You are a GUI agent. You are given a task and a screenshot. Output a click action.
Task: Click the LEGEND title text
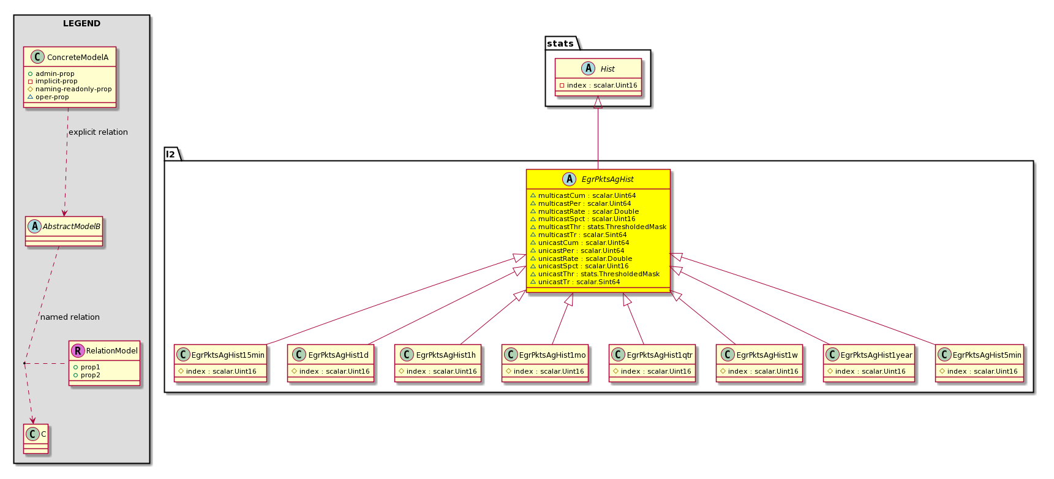[x=81, y=23]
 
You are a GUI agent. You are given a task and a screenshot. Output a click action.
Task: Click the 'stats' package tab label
[x=560, y=43]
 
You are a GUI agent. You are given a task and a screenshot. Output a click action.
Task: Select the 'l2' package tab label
[x=170, y=154]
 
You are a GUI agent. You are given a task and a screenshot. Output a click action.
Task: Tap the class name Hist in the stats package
[x=608, y=69]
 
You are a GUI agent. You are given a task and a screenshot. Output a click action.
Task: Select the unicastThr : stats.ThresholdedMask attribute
[x=595, y=274]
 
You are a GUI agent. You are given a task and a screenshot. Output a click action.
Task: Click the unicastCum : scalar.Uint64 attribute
[x=579, y=243]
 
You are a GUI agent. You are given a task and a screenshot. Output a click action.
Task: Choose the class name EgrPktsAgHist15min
[x=228, y=355]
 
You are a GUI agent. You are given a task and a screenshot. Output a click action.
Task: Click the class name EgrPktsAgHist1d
[x=339, y=355]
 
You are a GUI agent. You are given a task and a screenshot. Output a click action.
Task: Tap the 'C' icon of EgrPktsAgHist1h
[x=407, y=355]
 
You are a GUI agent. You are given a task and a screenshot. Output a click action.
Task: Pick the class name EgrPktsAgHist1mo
[x=552, y=355]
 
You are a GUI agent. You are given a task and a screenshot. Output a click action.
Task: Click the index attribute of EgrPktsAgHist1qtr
[x=652, y=371]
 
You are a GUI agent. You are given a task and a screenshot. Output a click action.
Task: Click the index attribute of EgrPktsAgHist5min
[x=979, y=371]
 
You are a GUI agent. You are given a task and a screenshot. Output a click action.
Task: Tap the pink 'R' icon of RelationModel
[x=77, y=350]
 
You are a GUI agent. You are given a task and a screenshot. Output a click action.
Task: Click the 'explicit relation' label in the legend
[x=98, y=132]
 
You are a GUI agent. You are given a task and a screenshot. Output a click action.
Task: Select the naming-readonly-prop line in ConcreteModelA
[x=70, y=89]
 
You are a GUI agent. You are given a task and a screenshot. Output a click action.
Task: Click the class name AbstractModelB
[x=72, y=227]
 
